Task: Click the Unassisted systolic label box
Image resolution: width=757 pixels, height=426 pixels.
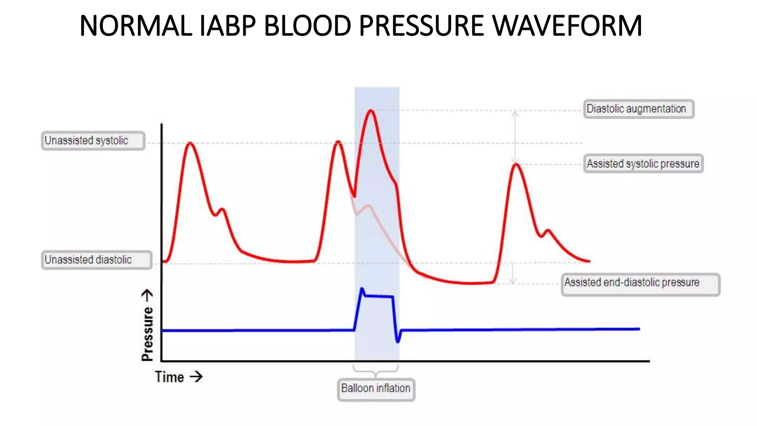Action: point(93,141)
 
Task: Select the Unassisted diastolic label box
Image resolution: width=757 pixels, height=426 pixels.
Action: point(96,260)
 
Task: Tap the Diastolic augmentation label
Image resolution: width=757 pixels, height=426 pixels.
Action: point(638,109)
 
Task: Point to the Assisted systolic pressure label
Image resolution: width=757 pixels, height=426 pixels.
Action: point(643,164)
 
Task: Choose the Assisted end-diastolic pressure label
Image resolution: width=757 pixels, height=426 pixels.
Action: point(640,284)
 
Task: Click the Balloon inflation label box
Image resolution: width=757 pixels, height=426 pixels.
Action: point(376,389)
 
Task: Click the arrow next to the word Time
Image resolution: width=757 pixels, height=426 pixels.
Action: point(196,377)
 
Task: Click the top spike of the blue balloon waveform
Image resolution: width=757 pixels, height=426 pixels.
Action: point(362,289)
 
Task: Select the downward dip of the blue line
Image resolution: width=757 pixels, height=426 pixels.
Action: point(398,341)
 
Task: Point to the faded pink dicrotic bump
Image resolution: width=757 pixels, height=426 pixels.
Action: point(368,206)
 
